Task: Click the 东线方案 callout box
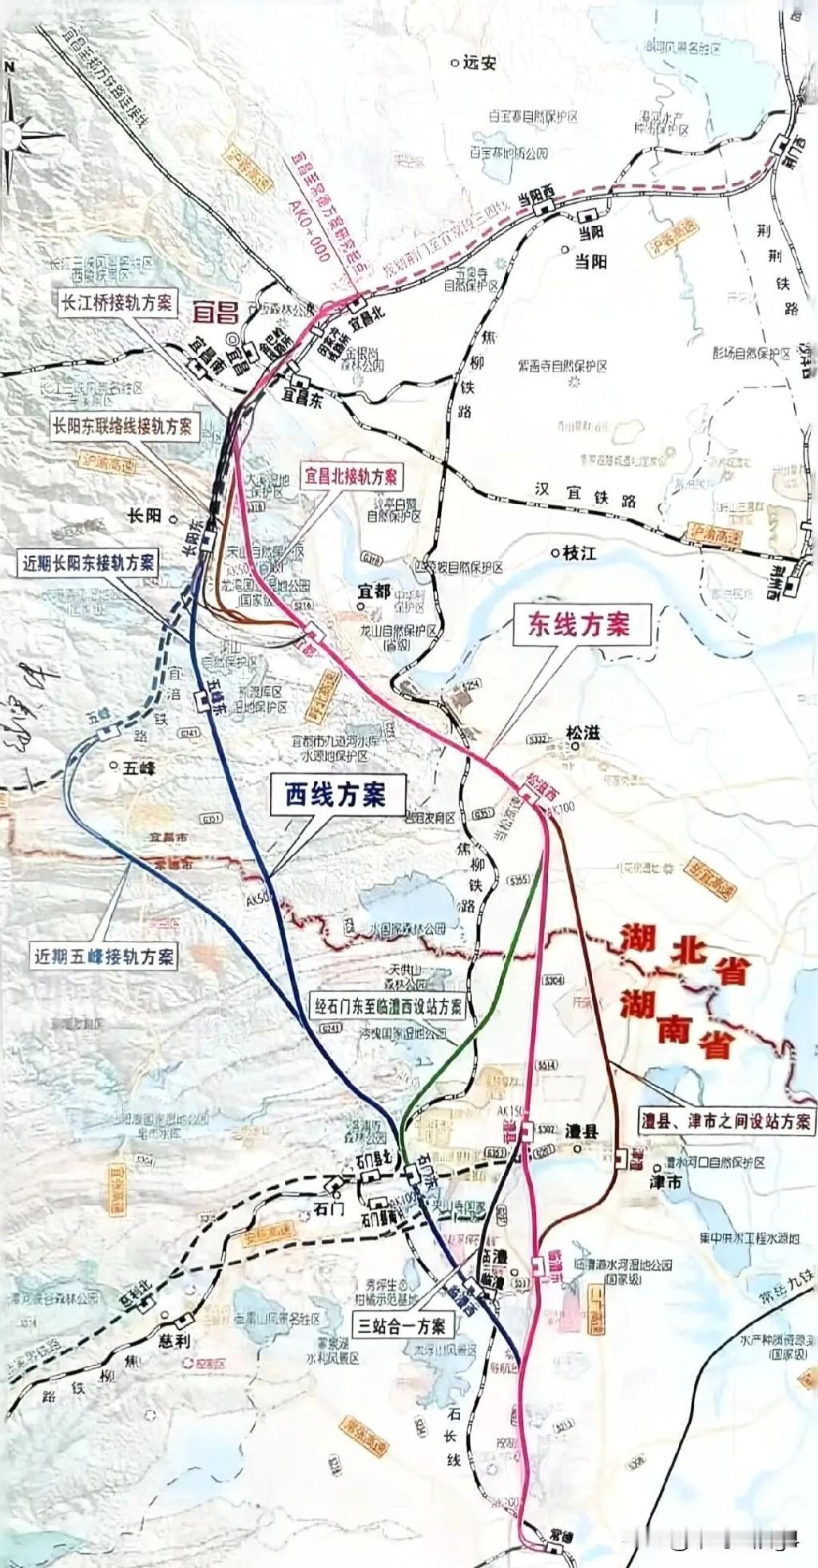coord(578,625)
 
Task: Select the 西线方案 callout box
coord(336,794)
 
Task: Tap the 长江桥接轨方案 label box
coord(117,303)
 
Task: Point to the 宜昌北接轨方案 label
coord(350,478)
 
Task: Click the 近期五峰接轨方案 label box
coord(104,955)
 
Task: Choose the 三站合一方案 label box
coord(402,1326)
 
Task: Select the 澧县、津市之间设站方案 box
coord(726,1121)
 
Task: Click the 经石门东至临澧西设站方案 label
coord(387,1006)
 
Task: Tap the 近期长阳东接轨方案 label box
coord(88,562)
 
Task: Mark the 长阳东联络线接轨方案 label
coord(122,426)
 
